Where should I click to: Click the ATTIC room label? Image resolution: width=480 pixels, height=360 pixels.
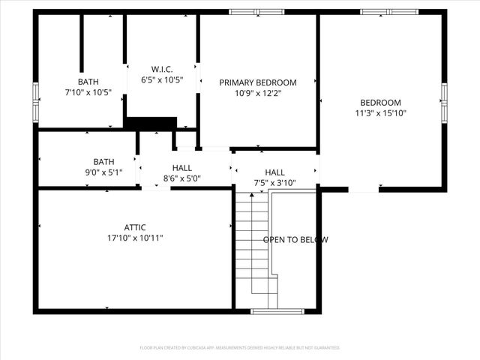click(135, 227)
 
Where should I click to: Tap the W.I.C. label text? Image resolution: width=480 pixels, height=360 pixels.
click(162, 69)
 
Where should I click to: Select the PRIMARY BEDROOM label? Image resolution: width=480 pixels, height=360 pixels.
click(257, 82)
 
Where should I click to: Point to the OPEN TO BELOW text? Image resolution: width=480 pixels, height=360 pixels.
click(295, 240)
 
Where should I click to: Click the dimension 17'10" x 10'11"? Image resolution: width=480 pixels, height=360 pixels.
click(135, 238)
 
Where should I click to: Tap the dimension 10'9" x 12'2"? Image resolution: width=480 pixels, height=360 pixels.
click(257, 93)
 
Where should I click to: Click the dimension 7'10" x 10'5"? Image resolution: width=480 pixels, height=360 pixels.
click(88, 92)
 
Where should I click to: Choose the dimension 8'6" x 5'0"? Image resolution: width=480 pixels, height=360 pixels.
click(182, 178)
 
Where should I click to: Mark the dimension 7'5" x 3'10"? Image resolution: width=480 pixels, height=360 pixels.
click(274, 182)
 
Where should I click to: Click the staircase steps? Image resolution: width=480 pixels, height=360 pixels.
click(253, 244)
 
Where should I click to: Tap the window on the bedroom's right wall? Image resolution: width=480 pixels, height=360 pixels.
click(444, 103)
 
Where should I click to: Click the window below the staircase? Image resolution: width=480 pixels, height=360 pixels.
click(277, 311)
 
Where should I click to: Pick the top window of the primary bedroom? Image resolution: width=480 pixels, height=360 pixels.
click(256, 12)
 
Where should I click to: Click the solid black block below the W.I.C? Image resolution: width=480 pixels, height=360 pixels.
click(151, 123)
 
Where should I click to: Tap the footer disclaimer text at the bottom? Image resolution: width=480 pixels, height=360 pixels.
click(240, 348)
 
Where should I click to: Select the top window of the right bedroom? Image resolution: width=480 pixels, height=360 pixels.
click(388, 12)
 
